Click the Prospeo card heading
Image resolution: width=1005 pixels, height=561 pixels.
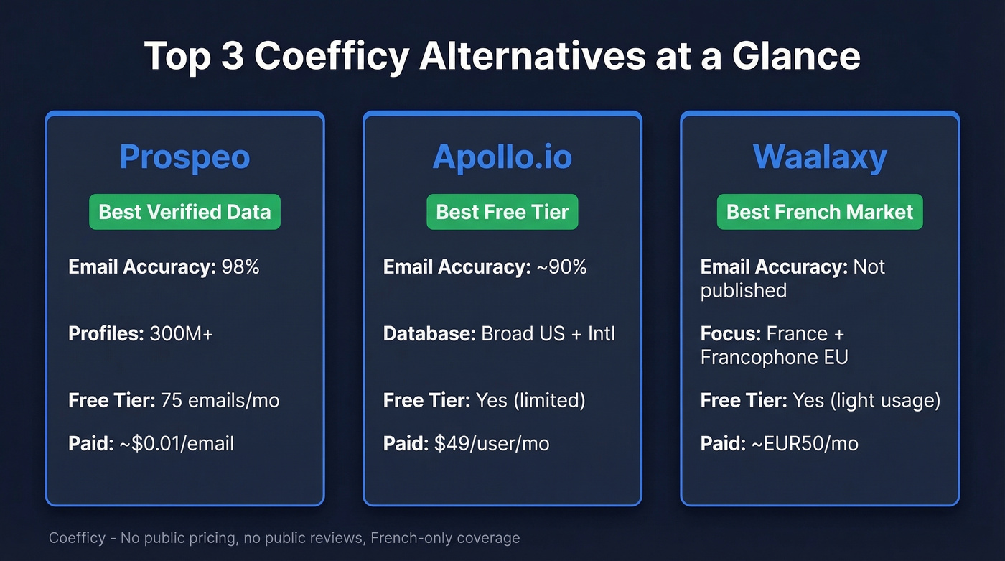[x=184, y=157]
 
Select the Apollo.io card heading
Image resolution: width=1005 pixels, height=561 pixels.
[x=502, y=157]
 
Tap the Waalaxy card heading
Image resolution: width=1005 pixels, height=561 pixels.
[x=820, y=157]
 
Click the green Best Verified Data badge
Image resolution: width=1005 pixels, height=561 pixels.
[x=184, y=212]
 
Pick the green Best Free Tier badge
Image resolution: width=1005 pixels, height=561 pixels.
[x=502, y=212]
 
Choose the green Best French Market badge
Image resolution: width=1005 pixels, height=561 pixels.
[x=820, y=212]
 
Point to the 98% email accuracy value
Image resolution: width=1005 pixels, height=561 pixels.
[x=240, y=267]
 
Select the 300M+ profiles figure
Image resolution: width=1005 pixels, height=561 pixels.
[x=181, y=334]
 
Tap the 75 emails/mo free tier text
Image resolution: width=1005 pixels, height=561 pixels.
[x=220, y=400]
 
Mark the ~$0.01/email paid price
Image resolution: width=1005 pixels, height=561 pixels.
[x=177, y=443]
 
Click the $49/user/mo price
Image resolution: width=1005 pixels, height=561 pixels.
[x=492, y=443]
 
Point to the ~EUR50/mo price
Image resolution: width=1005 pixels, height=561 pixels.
[x=805, y=443]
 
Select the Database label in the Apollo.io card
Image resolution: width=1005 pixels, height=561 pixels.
[x=429, y=334]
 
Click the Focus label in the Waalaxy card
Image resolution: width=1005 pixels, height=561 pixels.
[x=730, y=334]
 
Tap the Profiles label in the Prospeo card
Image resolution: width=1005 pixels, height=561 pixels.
[x=106, y=334]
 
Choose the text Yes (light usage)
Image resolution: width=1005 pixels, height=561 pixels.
[x=866, y=400]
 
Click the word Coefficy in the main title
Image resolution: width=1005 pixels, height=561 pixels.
[x=331, y=56]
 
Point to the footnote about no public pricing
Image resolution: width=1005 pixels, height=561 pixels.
[x=284, y=537]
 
